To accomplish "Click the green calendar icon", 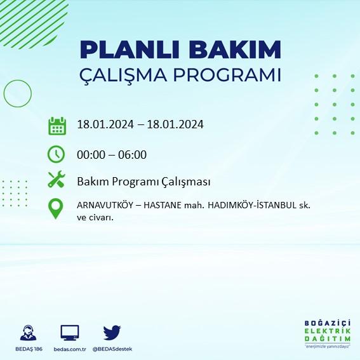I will tap(57, 125).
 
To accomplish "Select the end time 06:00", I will tap(133, 154).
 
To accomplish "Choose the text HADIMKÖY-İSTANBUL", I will tap(258, 206).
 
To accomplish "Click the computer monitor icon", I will tap(69, 333).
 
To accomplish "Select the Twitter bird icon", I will tap(112, 332).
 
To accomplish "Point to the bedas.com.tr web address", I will tap(69, 349).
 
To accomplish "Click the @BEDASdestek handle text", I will tap(112, 349).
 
